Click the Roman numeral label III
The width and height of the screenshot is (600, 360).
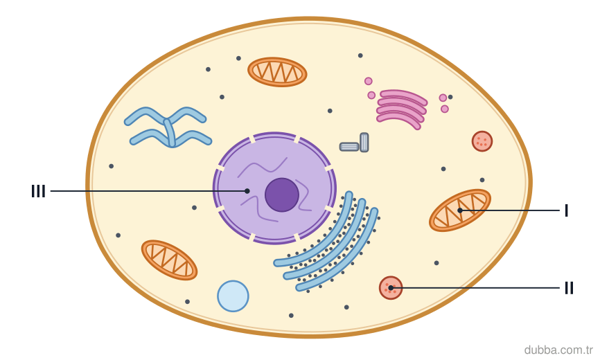tap(38, 191)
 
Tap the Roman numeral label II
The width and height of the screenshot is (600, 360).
tap(569, 288)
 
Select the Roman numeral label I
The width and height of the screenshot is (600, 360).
tap(566, 210)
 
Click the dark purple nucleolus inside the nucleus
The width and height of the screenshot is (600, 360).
tap(282, 195)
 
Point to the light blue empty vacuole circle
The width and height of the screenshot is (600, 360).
tap(233, 296)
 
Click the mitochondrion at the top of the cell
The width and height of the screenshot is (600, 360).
tap(277, 72)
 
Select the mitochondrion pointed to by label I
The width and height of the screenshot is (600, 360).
tap(460, 210)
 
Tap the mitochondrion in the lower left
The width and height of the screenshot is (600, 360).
tap(169, 260)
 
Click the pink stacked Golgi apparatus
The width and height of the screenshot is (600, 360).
tap(402, 109)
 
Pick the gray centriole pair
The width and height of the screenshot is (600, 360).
tap(354, 143)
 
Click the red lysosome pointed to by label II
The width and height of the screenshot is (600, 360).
tap(391, 288)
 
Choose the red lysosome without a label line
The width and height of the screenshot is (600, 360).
tap(482, 141)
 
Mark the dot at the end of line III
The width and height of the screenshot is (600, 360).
tap(247, 191)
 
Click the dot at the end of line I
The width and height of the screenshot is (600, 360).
tap(460, 210)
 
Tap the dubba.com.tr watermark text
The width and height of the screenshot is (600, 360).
tap(558, 350)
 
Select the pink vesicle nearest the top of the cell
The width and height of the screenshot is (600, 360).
tap(368, 81)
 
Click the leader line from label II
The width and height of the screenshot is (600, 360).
tap(475, 288)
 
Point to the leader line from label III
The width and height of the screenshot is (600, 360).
tap(149, 191)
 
